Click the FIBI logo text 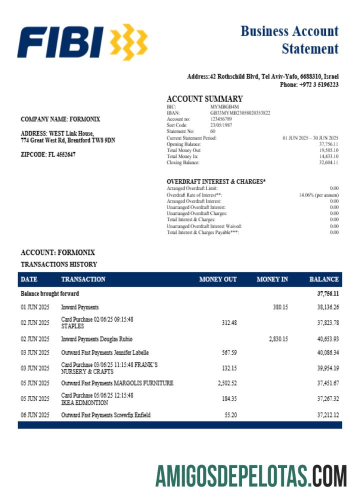coord(60,42)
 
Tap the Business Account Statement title coord(289,39)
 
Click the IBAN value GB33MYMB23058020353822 coord(240,113)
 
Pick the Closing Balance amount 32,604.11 coord(328,162)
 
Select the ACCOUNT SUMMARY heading coord(204,99)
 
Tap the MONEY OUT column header coord(217,279)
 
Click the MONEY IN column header coord(272,279)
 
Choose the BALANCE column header coord(324,279)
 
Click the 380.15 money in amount coord(280,307)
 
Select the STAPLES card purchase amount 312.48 coord(229,322)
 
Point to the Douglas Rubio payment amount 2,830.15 coord(278,338)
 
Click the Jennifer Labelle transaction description coord(105,352)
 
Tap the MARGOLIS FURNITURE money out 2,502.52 coord(227,383)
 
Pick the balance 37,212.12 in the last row coord(328,414)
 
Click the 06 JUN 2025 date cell coord(35,415)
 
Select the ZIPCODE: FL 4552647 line coord(48,154)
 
